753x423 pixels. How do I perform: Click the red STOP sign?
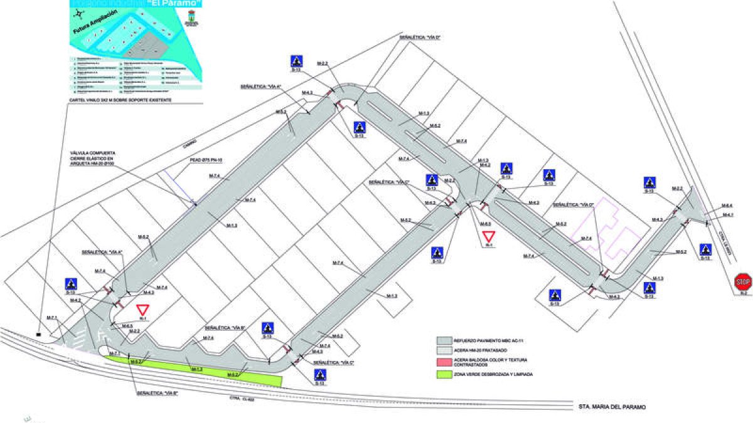pyautogui.click(x=743, y=281)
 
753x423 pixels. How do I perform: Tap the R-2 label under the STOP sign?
pyautogui.click(x=744, y=293)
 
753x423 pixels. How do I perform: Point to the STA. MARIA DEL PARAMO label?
pyautogui.click(x=611, y=407)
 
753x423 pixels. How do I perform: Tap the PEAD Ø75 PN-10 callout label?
pyautogui.click(x=207, y=160)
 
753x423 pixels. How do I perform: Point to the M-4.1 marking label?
pyautogui.click(x=727, y=215)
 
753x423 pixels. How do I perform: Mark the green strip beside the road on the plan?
pyautogui.click(x=195, y=370)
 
